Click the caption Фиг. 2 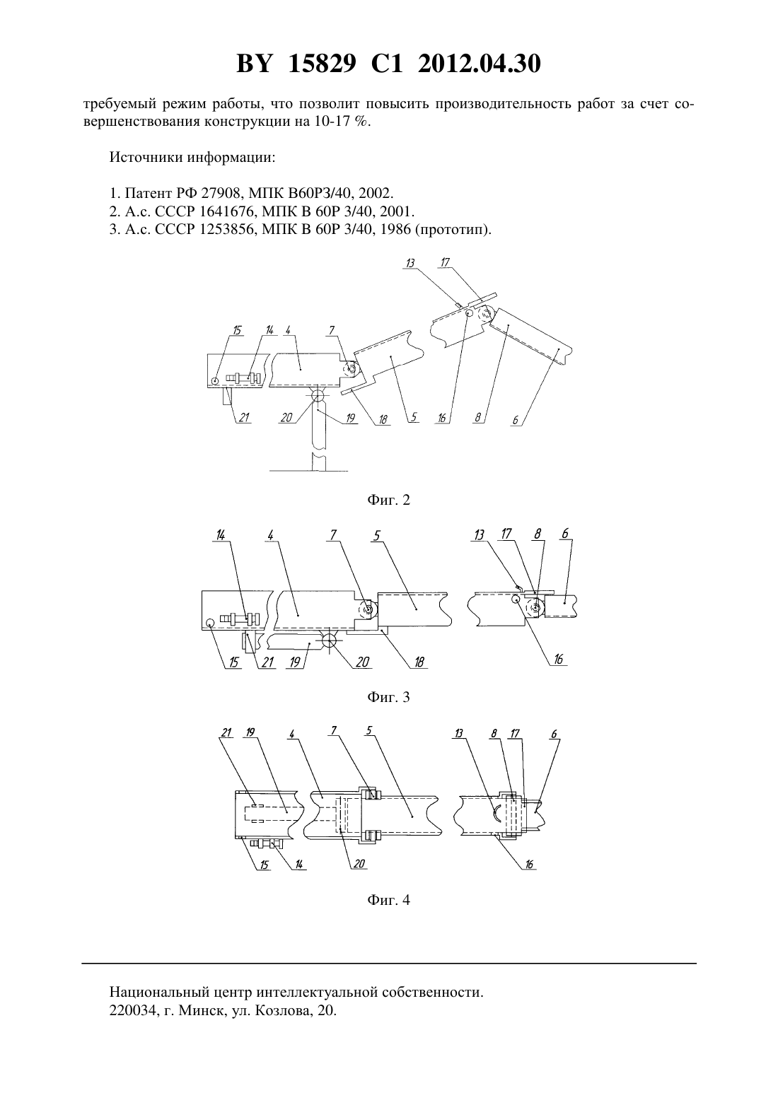(x=388, y=500)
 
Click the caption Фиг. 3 (x=388, y=697)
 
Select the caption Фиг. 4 (x=388, y=900)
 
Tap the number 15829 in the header (x=323, y=64)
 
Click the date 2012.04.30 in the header (x=480, y=64)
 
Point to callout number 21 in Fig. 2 (x=244, y=417)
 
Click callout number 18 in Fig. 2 (x=383, y=419)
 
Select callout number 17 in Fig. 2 (x=446, y=262)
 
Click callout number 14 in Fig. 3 (x=220, y=535)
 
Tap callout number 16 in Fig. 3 (x=559, y=659)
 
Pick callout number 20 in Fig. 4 (x=359, y=863)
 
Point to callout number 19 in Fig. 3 (x=295, y=662)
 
